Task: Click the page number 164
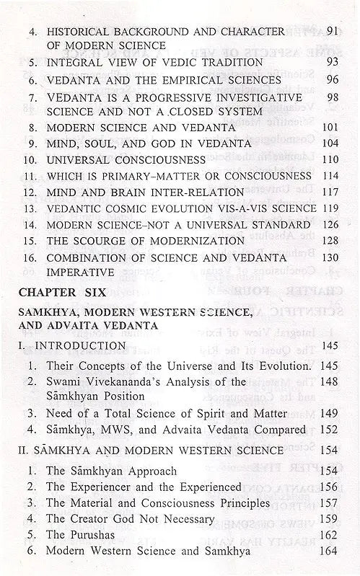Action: [x=330, y=551]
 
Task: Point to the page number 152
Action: [x=330, y=430]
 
